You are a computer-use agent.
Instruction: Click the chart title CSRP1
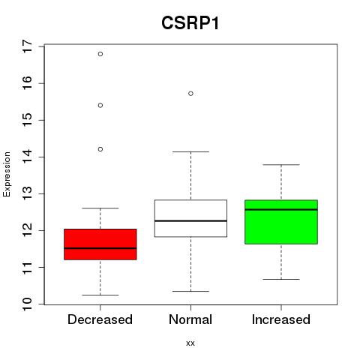coord(190,23)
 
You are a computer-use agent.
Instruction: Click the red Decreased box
coord(100,244)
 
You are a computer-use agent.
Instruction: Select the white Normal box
coord(190,218)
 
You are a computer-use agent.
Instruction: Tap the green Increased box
coord(281,222)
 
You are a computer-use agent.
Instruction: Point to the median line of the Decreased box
coord(100,248)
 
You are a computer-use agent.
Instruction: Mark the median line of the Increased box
coord(281,209)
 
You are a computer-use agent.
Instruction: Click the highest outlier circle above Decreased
coord(100,54)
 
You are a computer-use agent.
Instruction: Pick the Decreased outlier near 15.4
coord(100,106)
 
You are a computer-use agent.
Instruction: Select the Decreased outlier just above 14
coord(100,149)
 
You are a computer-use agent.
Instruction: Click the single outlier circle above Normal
coord(190,94)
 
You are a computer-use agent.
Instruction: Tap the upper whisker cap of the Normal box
coord(190,151)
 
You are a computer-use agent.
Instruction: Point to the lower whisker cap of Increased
coord(281,279)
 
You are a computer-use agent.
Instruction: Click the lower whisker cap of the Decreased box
coord(100,295)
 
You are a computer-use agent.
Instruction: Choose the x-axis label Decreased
coord(100,319)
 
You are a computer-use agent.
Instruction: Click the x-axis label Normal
coord(190,319)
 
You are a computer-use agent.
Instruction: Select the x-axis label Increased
coord(281,319)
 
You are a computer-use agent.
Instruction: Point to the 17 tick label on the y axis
coord(27,46)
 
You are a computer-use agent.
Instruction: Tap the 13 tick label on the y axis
coord(27,193)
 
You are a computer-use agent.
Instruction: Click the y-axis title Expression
coord(7,174)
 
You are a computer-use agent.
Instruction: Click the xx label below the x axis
coord(190,343)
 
